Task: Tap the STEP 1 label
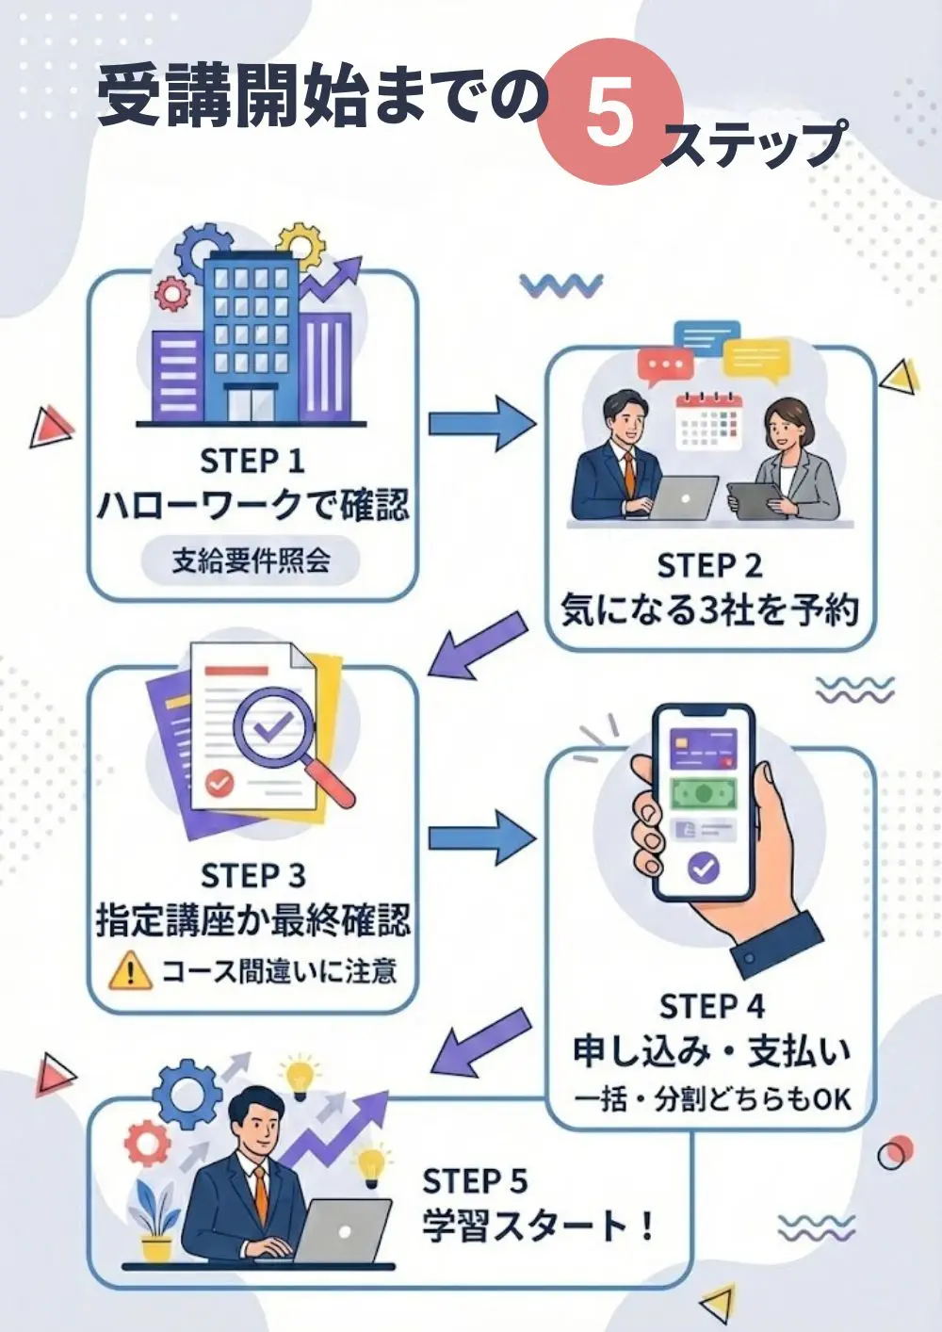click(x=252, y=462)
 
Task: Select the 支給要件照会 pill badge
click(x=252, y=561)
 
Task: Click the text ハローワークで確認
click(x=252, y=507)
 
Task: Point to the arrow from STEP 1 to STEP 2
click(x=480, y=423)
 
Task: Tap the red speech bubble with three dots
click(x=665, y=365)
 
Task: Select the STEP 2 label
click(x=709, y=565)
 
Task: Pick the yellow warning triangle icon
click(x=130, y=970)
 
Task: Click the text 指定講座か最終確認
click(x=252, y=920)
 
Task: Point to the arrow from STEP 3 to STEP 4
click(x=480, y=837)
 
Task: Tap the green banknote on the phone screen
click(x=703, y=794)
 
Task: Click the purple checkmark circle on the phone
click(x=703, y=867)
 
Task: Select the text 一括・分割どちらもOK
click(x=712, y=1098)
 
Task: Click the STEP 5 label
click(x=475, y=1181)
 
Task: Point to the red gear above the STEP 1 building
click(x=171, y=294)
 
